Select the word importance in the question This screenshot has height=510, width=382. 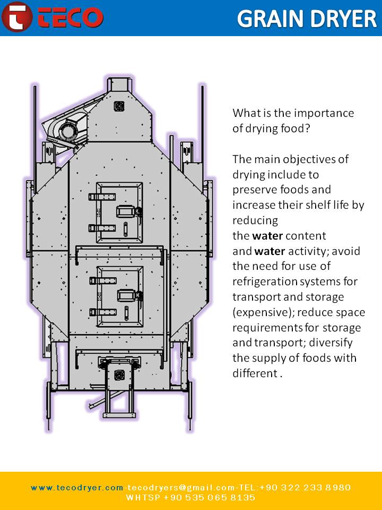[x=324, y=113]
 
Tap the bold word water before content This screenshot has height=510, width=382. [x=267, y=235]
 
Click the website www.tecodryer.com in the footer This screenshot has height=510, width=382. [x=77, y=487]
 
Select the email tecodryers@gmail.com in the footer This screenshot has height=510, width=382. [x=178, y=487]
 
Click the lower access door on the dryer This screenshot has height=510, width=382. [x=120, y=295]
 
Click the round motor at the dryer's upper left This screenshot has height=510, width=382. [x=67, y=130]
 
